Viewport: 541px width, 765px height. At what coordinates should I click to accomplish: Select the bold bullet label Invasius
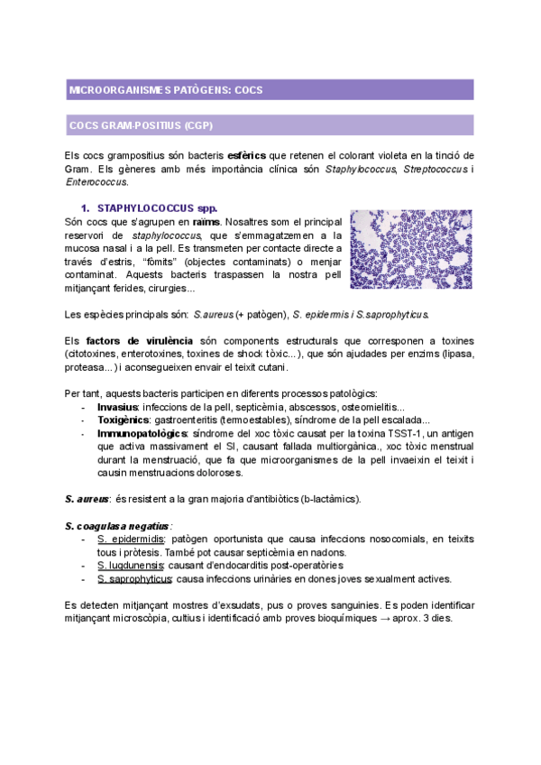pos(118,407)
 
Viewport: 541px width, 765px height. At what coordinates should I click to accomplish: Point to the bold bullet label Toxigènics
pos(124,419)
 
